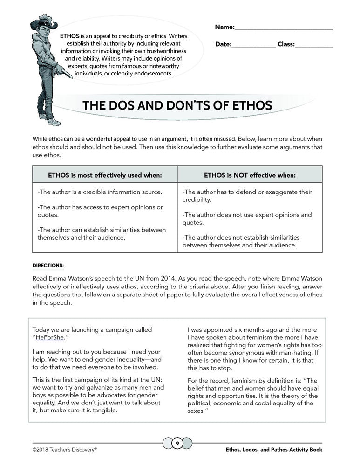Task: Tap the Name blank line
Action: coord(284,28)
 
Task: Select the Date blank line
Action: coord(253,45)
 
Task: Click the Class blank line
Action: coord(314,45)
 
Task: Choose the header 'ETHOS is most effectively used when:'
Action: coord(105,175)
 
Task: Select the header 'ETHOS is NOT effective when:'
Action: coord(250,175)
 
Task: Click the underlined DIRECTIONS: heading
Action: coord(48,266)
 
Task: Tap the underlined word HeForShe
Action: coord(50,337)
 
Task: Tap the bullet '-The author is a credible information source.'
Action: coord(100,192)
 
